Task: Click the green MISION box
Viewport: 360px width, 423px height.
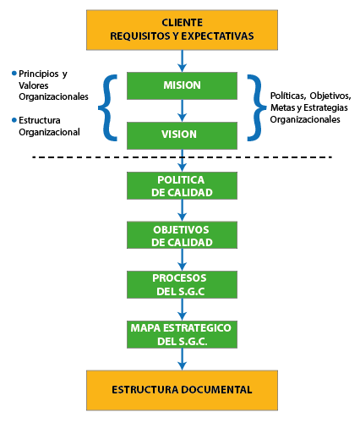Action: pos(182,85)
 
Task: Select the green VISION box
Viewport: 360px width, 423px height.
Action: pos(182,135)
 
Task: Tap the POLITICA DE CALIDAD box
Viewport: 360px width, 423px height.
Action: pos(182,185)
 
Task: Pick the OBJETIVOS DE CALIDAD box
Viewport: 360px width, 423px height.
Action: pos(182,235)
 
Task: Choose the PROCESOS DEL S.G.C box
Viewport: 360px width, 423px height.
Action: pos(182,284)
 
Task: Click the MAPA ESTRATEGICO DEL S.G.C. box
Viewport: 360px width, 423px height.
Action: pos(182,334)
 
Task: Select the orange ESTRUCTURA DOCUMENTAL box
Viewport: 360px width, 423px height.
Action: pos(182,390)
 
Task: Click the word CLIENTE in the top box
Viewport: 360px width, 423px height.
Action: pos(182,23)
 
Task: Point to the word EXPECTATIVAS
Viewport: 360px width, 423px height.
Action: pos(217,36)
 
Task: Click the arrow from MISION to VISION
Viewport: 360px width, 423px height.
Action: pos(182,111)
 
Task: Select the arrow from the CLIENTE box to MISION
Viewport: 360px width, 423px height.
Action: pos(182,61)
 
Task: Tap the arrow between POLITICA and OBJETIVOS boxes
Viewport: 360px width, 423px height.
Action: pos(182,210)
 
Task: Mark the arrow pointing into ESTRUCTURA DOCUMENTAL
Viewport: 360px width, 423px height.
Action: pos(182,359)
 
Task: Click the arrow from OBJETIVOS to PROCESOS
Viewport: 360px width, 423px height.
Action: pos(182,260)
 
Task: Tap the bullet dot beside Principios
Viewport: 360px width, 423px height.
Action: pos(14,74)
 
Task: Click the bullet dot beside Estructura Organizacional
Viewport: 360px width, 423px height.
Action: pos(14,120)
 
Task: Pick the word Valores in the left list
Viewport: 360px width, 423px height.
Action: pos(34,85)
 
